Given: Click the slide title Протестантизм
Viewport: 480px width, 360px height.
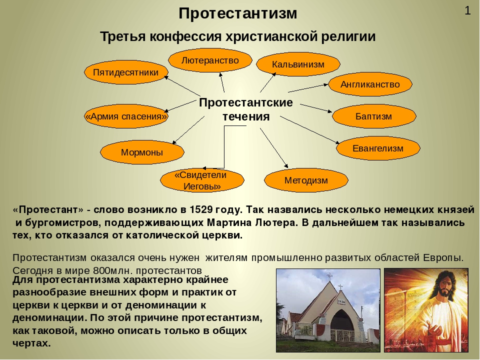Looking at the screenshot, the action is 238,13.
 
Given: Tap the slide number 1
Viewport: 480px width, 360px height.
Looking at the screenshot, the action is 467,11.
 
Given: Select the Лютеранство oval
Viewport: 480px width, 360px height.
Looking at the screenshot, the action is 210,60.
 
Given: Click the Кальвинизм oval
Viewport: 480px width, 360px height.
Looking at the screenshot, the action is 298,64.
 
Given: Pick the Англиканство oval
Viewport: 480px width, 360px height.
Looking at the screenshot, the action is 370,84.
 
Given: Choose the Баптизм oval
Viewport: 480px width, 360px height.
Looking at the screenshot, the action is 374,116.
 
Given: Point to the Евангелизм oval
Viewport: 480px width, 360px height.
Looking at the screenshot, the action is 378,148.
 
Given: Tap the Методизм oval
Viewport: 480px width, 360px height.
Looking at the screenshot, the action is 306,180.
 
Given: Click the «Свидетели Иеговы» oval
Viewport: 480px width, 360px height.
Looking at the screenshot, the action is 202,180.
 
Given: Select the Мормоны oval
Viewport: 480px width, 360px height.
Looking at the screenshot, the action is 142,152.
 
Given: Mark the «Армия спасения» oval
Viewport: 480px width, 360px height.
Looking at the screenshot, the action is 126,116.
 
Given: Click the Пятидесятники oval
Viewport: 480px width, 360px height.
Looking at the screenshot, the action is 126,72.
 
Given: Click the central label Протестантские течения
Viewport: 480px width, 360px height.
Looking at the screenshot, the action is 246,109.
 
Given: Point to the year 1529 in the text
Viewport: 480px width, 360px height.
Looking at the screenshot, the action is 201,209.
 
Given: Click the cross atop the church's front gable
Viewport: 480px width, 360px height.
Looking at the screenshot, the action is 340,287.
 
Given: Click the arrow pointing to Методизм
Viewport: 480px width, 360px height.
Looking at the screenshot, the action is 274,148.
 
